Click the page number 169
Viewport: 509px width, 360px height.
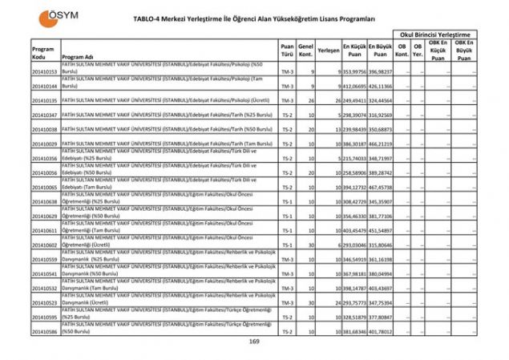pyautogui.click(x=254, y=342)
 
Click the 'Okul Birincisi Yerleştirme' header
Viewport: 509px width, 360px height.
pyautogui.click(x=438, y=35)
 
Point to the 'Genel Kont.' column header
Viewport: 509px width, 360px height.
pyautogui.click(x=305, y=50)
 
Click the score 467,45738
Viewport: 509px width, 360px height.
pyautogui.click(x=382, y=187)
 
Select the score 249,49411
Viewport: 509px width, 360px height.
pyautogui.click(x=355, y=101)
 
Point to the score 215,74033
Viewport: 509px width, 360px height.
pyautogui.click(x=355, y=158)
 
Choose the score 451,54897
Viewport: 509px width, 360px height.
pyautogui.click(x=382, y=230)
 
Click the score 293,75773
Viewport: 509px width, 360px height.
pyautogui.click(x=355, y=302)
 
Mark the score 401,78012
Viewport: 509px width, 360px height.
pyautogui.click(x=382, y=331)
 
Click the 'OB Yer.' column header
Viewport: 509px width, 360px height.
pyautogui.click(x=418, y=50)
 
